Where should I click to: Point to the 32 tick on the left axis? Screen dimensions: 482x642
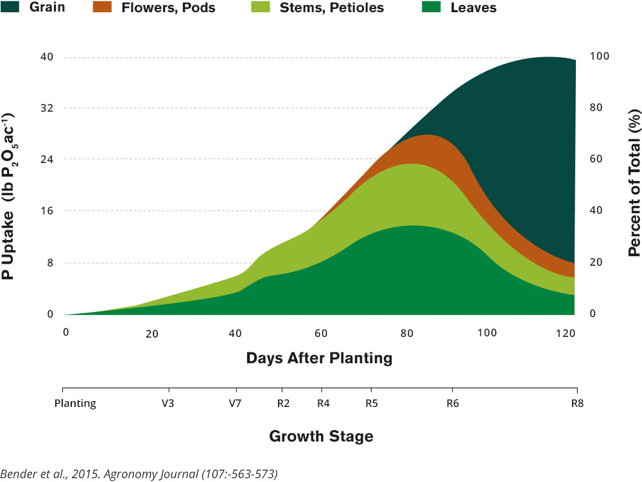(x=46, y=108)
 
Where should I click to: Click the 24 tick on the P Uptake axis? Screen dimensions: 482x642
(x=46, y=160)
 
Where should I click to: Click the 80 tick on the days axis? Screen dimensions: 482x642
(x=406, y=333)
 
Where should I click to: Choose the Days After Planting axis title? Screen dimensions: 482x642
(x=319, y=358)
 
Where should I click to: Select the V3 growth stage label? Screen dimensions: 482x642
(x=169, y=404)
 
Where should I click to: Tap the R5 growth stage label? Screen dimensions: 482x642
(x=371, y=404)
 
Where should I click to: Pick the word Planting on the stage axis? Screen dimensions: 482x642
(x=75, y=404)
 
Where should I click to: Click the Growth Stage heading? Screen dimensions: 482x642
(x=320, y=437)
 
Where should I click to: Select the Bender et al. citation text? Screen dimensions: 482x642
(x=139, y=474)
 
